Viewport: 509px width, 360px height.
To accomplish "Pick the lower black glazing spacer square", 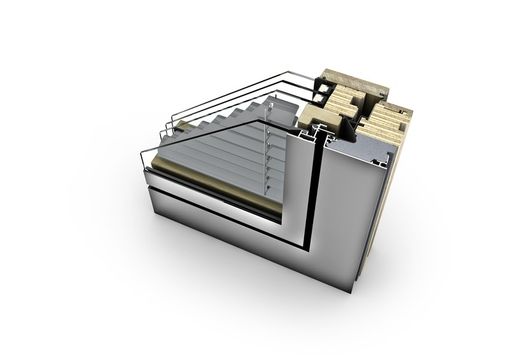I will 317,133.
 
